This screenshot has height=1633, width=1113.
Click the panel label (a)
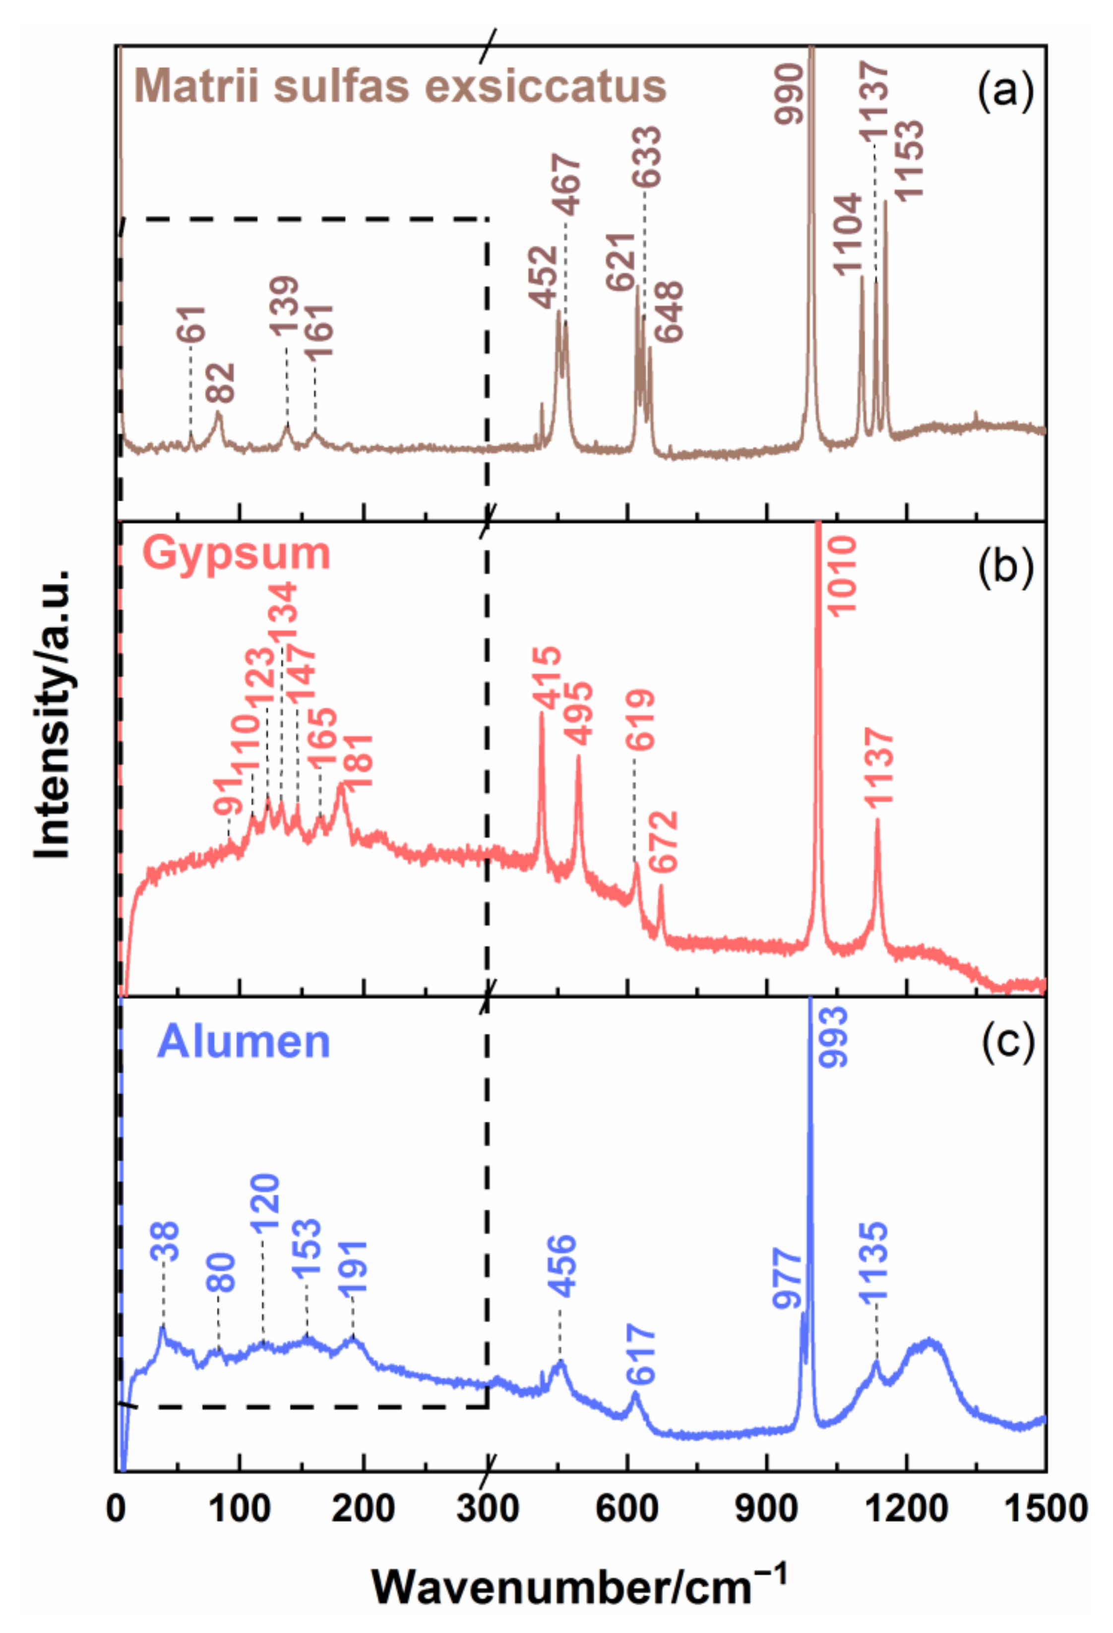click(x=1005, y=89)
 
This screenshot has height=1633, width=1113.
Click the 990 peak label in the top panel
click(x=789, y=93)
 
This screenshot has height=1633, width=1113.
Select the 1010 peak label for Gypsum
click(x=840, y=575)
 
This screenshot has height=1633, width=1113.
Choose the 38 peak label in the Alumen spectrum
click(x=166, y=1242)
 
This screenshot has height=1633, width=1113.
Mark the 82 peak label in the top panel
click(x=220, y=383)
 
